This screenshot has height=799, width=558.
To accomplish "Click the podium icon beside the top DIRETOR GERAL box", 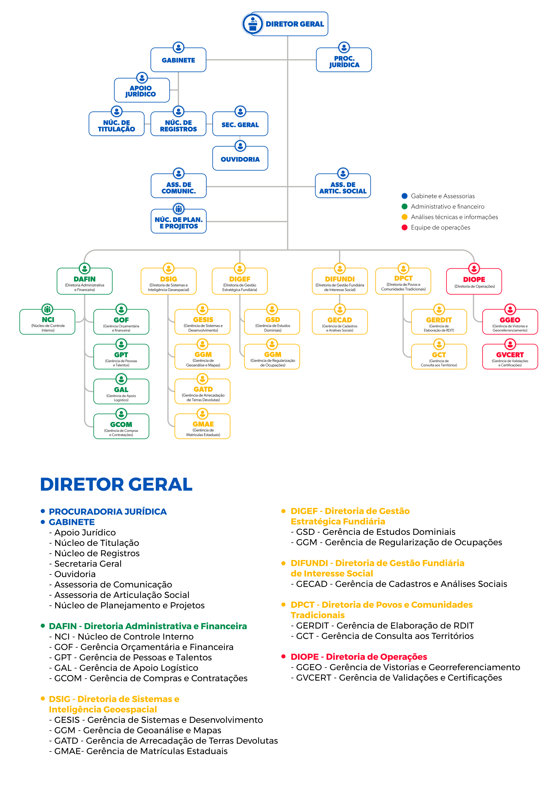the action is tap(253, 24).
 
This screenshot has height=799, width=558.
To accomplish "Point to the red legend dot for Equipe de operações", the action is tap(404, 227).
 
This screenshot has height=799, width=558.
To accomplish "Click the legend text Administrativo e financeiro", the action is tap(447, 206).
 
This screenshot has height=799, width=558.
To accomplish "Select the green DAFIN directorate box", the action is tap(84, 281).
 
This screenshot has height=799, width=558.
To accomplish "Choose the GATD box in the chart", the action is tap(202, 391).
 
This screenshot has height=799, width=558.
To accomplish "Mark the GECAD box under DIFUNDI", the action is tap(340, 322).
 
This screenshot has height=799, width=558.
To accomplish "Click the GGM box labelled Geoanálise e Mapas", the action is tap(202, 357).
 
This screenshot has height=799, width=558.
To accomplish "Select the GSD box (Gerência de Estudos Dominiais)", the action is tap(272, 322).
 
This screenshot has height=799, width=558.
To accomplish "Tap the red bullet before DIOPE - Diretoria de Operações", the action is tap(283, 656).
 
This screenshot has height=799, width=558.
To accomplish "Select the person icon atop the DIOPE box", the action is tap(474, 268).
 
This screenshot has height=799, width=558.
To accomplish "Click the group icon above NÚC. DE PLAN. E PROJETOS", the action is tap(178, 209).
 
